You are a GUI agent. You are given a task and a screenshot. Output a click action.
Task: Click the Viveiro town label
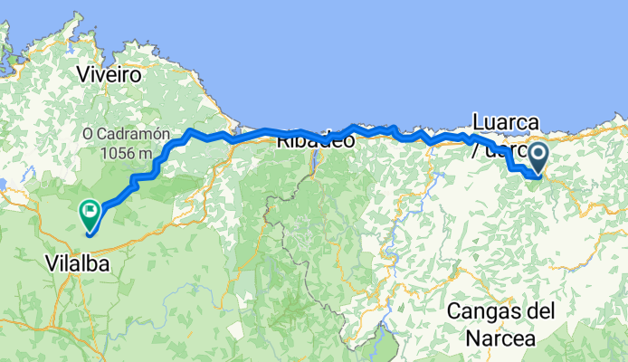109,75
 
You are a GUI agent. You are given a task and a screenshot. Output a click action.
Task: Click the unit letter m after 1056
145,153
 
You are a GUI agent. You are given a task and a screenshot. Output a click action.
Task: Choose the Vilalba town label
76,263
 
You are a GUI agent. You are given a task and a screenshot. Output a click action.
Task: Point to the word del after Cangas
542,311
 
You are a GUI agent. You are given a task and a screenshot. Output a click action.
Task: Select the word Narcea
500,339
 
